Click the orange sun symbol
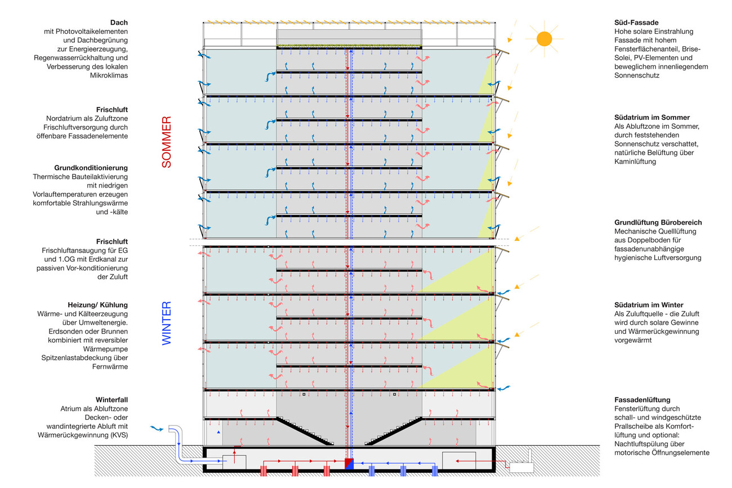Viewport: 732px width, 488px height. click(x=544, y=38)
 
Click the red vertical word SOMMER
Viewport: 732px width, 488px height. click(x=166, y=142)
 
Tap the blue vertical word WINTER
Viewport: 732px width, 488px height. click(x=166, y=323)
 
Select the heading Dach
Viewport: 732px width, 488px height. click(x=119, y=23)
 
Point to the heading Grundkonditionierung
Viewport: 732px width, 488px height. click(x=91, y=168)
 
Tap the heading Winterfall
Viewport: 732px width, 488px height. click(x=111, y=400)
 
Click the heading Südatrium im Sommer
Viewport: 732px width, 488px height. click(x=652, y=118)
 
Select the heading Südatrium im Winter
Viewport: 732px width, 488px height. click(x=649, y=305)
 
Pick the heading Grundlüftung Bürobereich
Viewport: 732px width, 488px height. click(x=658, y=222)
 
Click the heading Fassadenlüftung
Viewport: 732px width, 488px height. click(x=642, y=400)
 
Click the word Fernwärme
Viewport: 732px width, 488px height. click(x=110, y=366)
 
